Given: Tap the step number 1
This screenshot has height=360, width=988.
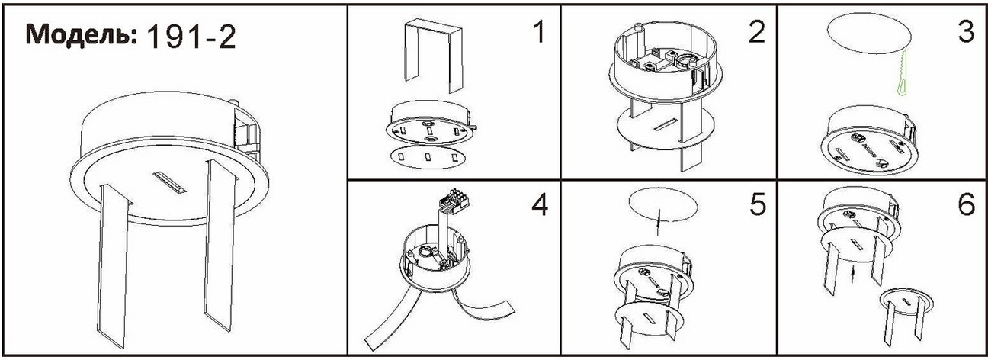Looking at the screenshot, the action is [x=538, y=32].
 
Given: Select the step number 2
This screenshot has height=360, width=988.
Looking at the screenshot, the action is [x=757, y=32].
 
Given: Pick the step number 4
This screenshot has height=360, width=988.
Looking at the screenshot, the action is [x=540, y=204].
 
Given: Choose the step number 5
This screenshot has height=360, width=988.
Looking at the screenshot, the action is [x=759, y=204].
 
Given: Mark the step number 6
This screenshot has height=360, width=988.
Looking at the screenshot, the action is [x=966, y=204].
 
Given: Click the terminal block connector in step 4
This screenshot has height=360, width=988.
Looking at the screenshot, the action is [x=453, y=200].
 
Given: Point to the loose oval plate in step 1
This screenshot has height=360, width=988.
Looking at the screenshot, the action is [x=428, y=157].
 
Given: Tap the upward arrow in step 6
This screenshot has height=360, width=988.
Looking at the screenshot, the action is [x=853, y=276].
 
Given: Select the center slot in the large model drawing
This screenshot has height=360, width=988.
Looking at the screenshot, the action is [x=170, y=183].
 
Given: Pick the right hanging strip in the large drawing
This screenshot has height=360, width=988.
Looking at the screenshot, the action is [x=220, y=245].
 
